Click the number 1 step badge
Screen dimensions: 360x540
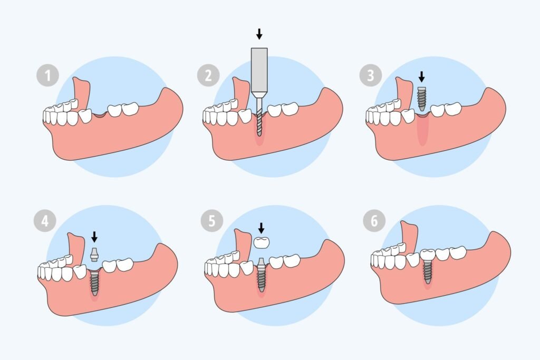(x=47, y=76)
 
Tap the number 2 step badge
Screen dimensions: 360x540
(x=208, y=76)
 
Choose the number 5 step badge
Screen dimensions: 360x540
(x=211, y=221)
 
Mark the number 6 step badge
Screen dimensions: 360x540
(x=374, y=221)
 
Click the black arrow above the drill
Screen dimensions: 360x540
(x=258, y=34)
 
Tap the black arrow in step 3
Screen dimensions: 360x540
(x=421, y=77)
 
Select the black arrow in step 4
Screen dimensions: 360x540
(x=94, y=235)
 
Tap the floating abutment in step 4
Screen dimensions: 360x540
(x=94, y=254)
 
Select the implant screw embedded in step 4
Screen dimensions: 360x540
(x=94, y=282)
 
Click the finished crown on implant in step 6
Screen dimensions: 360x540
(x=427, y=255)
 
